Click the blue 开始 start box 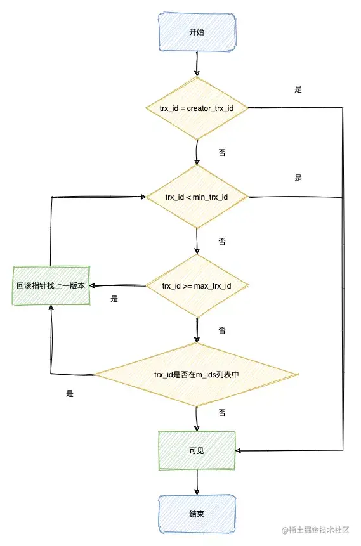(197, 32)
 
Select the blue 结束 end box (197, 514)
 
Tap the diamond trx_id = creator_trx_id (197, 108)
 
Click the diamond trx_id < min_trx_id (197, 197)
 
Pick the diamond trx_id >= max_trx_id (197, 286)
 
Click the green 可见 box (197, 450)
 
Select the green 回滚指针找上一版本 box (51, 286)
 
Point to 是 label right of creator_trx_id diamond (298, 89)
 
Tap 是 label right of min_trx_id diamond (298, 178)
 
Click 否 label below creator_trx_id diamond (221, 153)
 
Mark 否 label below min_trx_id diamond (221, 242)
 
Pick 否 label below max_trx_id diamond (221, 330)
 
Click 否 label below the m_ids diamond (221, 412)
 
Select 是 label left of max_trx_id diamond (114, 299)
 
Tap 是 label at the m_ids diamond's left (70, 393)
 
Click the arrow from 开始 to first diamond (197, 63)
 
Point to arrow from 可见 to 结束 (197, 482)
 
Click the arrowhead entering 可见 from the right (240, 451)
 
